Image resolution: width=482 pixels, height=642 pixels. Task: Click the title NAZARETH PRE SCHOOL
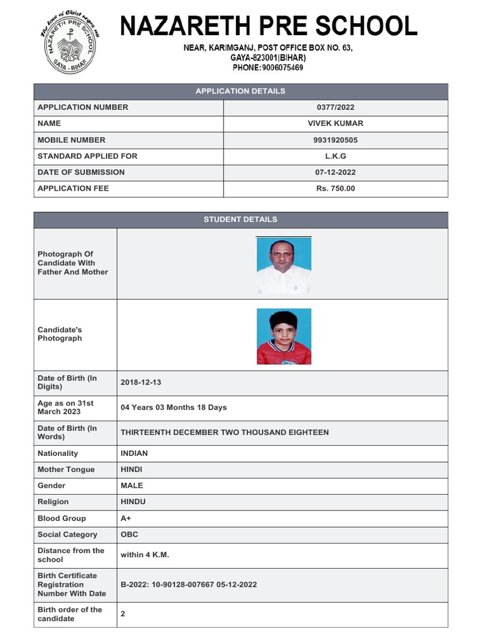(x=269, y=26)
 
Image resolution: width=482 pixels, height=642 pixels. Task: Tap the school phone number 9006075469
(x=268, y=68)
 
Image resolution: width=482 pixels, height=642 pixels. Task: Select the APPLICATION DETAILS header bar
(x=240, y=92)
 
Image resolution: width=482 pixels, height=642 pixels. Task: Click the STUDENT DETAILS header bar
(x=240, y=219)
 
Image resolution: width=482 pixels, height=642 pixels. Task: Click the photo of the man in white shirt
(x=284, y=265)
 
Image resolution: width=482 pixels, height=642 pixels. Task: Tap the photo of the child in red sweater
(x=284, y=337)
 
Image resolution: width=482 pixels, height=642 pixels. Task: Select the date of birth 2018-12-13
(x=145, y=382)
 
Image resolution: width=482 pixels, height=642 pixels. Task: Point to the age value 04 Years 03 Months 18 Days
(x=174, y=408)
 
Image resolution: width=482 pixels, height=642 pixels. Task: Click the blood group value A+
(x=126, y=518)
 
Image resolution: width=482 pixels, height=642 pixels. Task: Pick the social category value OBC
(x=129, y=535)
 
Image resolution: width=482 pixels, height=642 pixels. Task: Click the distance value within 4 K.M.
(x=145, y=555)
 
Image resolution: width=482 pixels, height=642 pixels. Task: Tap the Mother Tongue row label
(x=67, y=470)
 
